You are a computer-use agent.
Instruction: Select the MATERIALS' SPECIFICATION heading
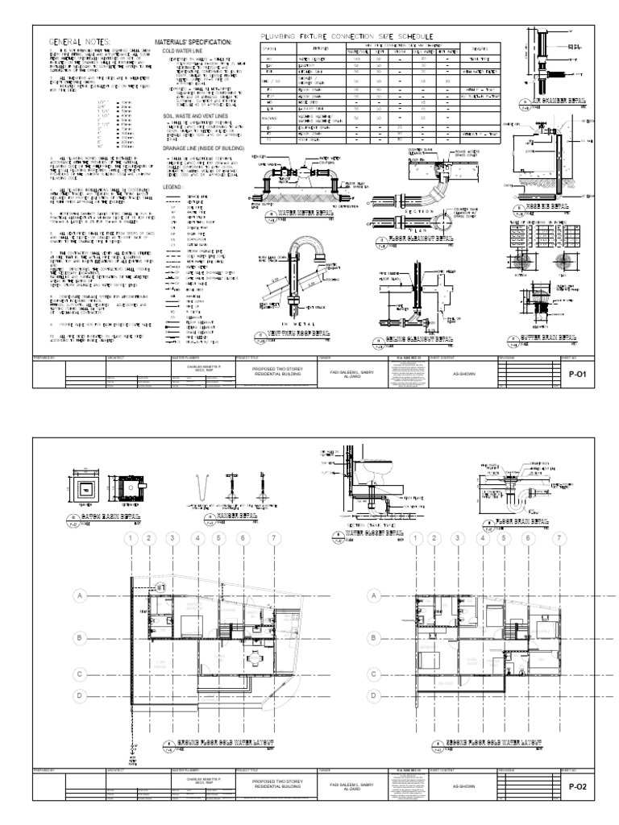[x=193, y=42]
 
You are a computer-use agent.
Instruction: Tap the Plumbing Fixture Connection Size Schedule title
[x=343, y=37]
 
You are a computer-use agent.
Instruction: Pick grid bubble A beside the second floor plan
[x=373, y=596]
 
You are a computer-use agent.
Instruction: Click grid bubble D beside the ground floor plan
[x=80, y=695]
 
